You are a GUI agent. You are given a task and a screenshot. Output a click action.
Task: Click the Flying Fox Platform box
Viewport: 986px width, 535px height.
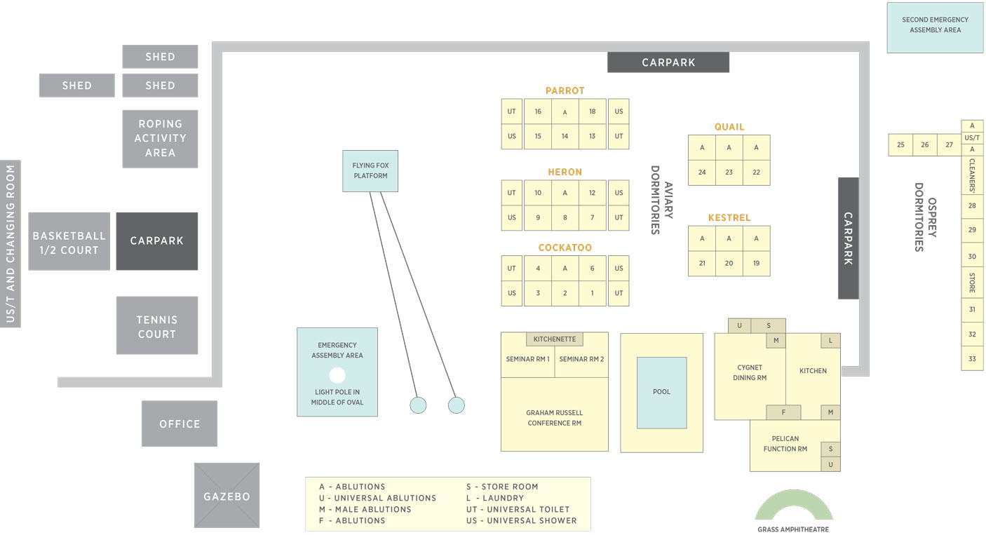point(370,171)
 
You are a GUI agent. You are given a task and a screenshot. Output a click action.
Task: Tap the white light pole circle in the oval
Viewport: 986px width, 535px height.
point(337,375)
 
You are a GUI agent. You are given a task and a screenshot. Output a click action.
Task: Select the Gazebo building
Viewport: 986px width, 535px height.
point(227,496)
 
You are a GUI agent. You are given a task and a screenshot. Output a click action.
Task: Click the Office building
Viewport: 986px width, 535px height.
point(180,424)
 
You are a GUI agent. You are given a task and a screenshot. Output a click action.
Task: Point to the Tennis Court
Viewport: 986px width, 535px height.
point(157,326)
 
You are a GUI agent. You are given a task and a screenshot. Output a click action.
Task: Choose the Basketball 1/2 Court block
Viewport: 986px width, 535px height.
point(69,242)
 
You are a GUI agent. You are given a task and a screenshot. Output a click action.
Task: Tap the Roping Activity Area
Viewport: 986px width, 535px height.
point(160,139)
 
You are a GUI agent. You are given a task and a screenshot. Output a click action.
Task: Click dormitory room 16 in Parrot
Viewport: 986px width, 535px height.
point(538,111)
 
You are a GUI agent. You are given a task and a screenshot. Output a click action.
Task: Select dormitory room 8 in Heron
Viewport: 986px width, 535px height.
point(565,217)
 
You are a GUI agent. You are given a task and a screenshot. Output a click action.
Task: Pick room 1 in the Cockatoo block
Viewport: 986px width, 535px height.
point(592,293)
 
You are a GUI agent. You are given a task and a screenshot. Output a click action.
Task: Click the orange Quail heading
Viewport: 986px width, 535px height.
point(729,127)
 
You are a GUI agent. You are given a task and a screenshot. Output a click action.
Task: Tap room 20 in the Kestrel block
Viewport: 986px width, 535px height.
point(729,264)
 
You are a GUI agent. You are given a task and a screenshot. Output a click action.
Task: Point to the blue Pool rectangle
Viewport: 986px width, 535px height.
point(661,393)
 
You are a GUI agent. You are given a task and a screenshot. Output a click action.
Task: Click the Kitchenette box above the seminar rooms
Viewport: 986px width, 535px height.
point(555,339)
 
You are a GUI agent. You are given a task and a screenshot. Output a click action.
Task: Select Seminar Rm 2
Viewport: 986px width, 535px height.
point(581,360)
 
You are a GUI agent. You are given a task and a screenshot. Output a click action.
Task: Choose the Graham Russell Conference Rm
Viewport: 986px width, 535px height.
point(555,417)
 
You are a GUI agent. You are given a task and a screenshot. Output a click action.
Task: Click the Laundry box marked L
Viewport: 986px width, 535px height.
point(830,341)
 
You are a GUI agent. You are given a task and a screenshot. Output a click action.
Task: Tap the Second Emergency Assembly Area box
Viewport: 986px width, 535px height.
point(935,27)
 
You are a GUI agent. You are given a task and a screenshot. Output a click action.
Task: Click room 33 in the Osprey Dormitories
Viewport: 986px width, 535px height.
point(972,359)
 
